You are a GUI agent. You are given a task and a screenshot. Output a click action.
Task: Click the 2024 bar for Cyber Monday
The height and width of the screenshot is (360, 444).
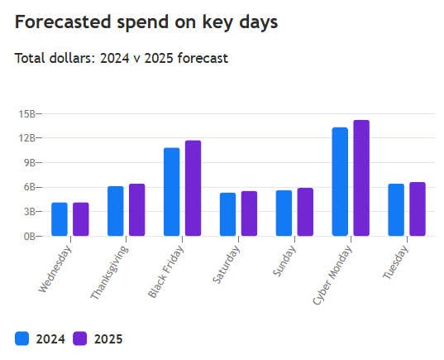pos(340,182)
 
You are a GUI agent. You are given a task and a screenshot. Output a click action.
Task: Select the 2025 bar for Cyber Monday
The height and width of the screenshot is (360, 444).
pos(361,178)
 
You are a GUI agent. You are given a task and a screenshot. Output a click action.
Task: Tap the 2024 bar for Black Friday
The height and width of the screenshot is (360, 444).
pos(171,192)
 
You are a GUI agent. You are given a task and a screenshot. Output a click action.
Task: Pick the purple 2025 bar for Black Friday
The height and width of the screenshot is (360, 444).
pos(193,189)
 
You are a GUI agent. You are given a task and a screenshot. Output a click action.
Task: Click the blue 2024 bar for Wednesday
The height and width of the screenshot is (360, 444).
pos(60,219)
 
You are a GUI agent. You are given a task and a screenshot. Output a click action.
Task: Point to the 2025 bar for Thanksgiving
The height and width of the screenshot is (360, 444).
pos(136,210)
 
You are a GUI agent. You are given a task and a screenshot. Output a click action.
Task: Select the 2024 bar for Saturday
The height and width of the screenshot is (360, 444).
pos(227,214)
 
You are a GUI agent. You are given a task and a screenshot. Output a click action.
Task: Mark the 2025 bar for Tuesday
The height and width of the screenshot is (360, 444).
pos(418,209)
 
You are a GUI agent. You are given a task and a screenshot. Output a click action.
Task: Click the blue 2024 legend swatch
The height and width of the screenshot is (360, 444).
pos(22,338)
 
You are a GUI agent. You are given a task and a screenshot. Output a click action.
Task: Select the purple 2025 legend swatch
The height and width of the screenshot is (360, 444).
pos(80,338)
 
